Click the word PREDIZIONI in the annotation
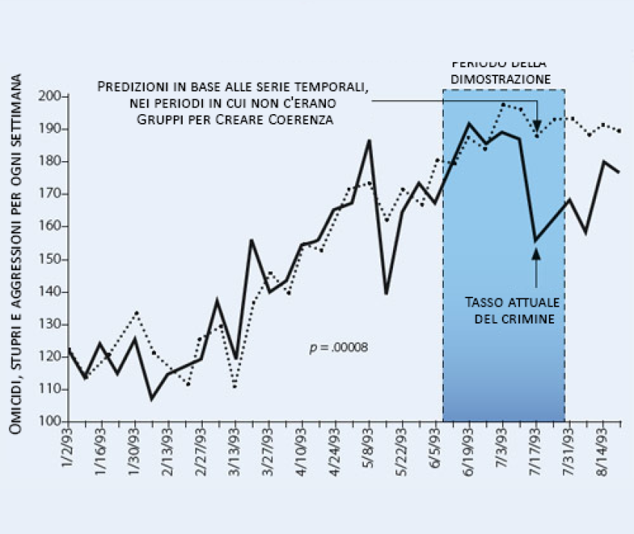[x=136, y=87]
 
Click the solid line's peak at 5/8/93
[x=369, y=140]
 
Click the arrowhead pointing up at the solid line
[x=536, y=254]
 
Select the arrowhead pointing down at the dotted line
[x=536, y=125]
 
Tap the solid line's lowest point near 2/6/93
[x=151, y=400]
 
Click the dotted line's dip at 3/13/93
[x=235, y=386]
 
